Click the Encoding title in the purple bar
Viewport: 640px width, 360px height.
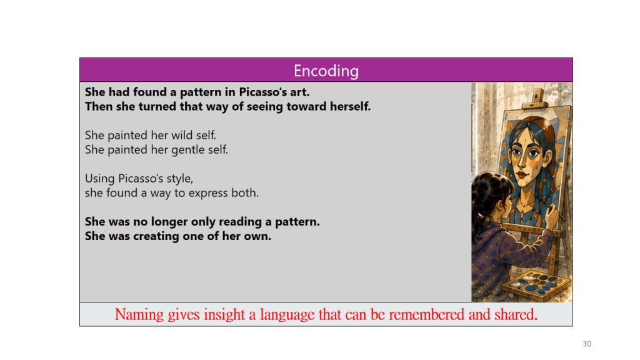coord(326,71)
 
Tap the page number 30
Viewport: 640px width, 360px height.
coord(586,344)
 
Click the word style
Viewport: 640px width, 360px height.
coord(179,179)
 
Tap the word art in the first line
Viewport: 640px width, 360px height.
coord(299,92)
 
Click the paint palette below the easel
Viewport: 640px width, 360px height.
coord(536,284)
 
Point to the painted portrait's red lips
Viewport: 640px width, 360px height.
coord(522,175)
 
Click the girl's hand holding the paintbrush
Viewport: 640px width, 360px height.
coord(552,214)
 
